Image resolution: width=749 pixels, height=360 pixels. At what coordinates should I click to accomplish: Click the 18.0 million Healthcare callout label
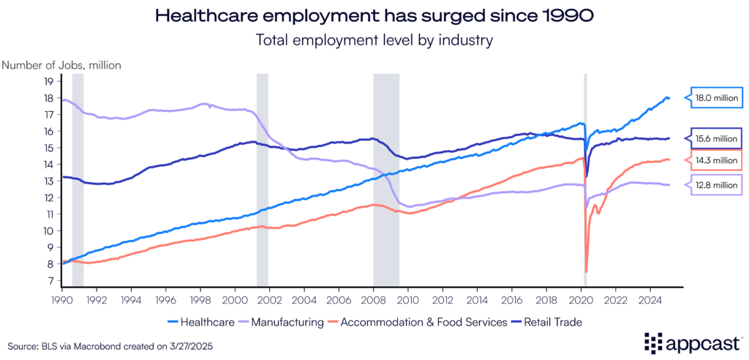[x=717, y=97]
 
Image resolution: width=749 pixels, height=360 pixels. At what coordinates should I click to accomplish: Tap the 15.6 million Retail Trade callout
[x=718, y=138]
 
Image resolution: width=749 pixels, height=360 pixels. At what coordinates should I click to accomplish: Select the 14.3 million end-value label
[x=717, y=160]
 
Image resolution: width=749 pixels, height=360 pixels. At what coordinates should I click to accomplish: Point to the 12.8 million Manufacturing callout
[x=718, y=185]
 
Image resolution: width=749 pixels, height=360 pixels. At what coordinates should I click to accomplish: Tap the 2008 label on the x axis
[x=373, y=299]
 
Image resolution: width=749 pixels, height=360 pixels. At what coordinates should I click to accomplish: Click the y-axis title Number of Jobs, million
[x=61, y=64]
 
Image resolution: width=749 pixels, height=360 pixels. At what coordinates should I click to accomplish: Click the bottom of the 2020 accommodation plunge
[x=587, y=272]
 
